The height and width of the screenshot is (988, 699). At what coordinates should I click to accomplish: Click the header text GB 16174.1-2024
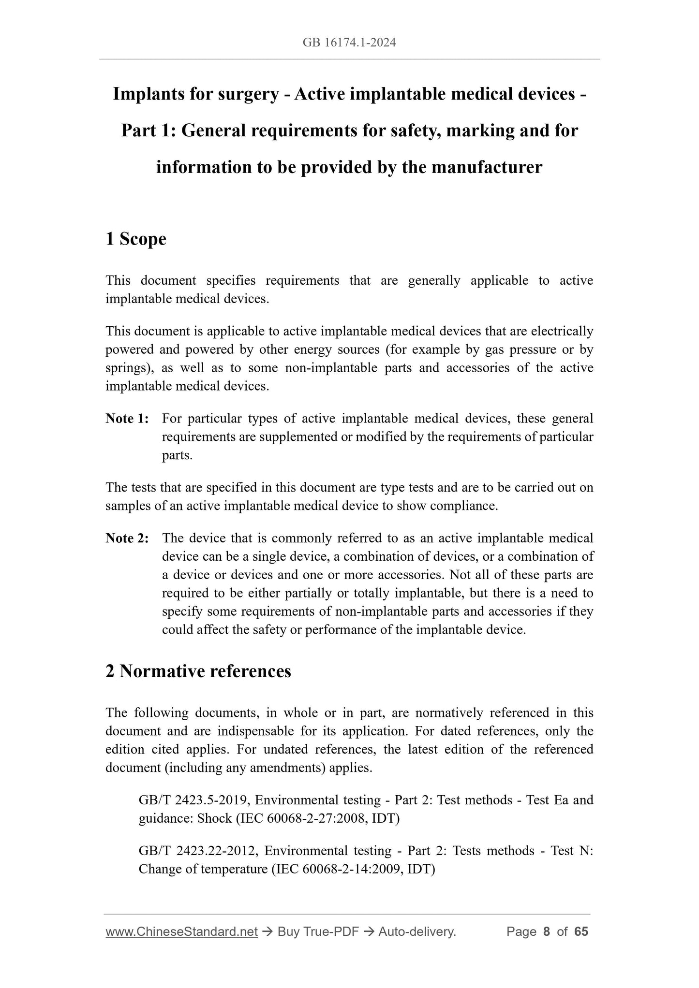(x=349, y=43)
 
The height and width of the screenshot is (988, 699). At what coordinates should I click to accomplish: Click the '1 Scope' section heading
(x=136, y=239)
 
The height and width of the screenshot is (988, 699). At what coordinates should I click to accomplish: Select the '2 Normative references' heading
(x=198, y=671)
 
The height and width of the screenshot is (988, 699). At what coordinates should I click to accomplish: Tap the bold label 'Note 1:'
(x=127, y=419)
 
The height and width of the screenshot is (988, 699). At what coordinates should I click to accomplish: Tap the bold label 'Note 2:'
(x=127, y=538)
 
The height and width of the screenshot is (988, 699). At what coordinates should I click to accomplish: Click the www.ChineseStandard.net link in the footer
(x=181, y=931)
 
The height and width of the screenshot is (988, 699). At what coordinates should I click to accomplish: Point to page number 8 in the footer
(x=547, y=931)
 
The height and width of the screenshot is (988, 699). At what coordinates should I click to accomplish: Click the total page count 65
(x=581, y=931)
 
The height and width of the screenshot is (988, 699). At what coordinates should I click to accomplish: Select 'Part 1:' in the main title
(x=148, y=131)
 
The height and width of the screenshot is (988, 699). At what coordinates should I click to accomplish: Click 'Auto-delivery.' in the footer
(x=417, y=931)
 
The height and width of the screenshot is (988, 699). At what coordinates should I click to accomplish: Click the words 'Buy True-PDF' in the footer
(x=318, y=931)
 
